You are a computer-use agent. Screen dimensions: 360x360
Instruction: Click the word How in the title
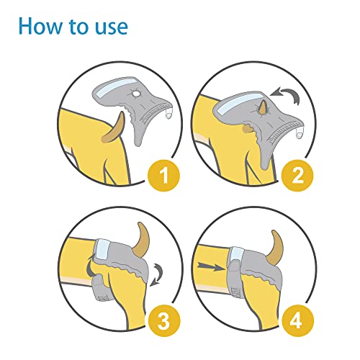[40, 26]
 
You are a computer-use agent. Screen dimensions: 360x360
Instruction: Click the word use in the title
[112, 28]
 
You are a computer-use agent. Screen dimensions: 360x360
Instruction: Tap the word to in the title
[79, 27]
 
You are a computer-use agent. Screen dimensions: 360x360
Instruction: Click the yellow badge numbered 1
[164, 176]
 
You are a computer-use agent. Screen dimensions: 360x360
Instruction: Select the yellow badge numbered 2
[297, 176]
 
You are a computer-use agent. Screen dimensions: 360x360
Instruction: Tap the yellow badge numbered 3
[164, 320]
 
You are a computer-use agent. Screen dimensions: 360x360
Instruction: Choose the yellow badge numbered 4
[297, 320]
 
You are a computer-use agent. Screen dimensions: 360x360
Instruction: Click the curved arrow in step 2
[288, 93]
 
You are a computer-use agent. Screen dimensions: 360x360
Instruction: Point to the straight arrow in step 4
[211, 266]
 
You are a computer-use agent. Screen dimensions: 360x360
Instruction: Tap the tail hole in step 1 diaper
[137, 93]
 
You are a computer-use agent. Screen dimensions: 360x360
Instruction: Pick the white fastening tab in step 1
[169, 114]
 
